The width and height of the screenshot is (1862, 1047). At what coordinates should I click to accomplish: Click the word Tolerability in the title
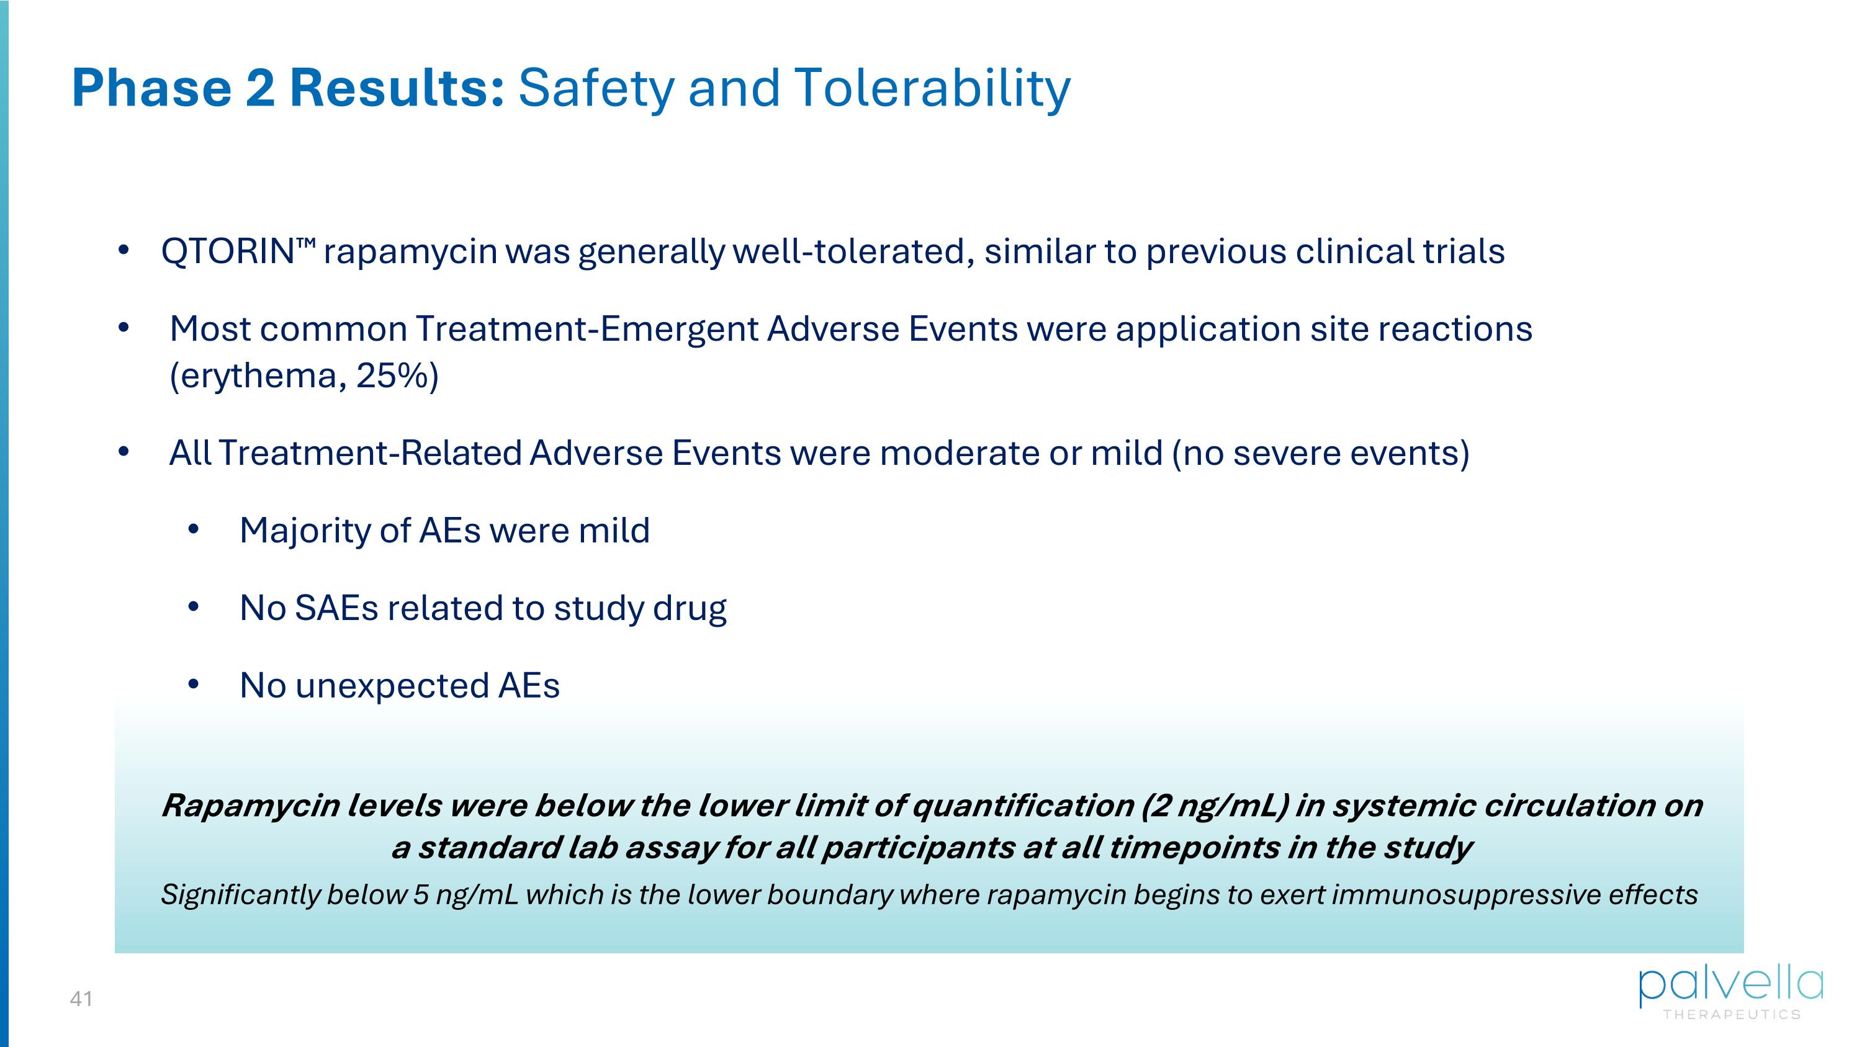pyautogui.click(x=932, y=88)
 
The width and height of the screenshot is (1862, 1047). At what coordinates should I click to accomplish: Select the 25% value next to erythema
pyautogui.click(x=391, y=375)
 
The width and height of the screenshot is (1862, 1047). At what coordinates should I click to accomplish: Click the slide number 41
pyautogui.click(x=81, y=999)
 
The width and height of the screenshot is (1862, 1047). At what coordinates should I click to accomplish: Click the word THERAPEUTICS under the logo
pyautogui.click(x=1732, y=1015)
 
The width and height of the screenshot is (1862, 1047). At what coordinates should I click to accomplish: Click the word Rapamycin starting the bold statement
pyautogui.click(x=250, y=806)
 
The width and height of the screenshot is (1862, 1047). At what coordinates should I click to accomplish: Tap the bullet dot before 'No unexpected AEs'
pyautogui.click(x=193, y=685)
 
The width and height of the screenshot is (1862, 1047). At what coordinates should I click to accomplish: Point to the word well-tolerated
pyautogui.click(x=849, y=252)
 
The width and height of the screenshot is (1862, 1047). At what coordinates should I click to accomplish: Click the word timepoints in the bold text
pyautogui.click(x=1194, y=848)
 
